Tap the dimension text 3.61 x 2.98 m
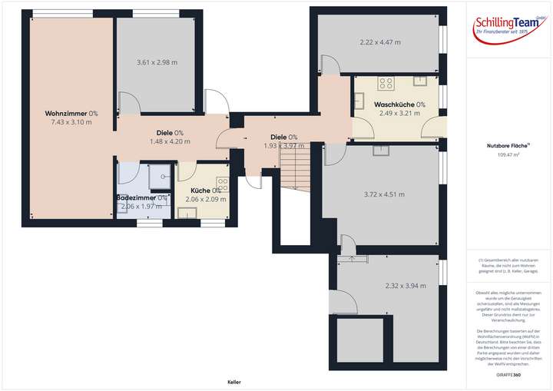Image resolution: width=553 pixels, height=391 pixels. (x=157, y=62)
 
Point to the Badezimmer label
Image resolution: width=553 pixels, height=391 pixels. (x=141, y=197)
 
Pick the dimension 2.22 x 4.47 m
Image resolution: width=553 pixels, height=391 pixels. (x=380, y=42)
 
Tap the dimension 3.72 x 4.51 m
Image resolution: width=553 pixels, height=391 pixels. (x=384, y=194)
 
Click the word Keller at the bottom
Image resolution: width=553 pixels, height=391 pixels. (x=234, y=381)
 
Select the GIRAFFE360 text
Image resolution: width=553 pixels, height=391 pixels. (x=508, y=374)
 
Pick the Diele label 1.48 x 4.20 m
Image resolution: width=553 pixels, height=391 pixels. (x=170, y=137)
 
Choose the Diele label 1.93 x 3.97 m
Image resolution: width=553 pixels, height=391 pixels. (x=280, y=141)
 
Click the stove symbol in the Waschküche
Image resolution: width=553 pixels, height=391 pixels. (x=386, y=84)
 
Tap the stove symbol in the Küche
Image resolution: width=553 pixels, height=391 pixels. (x=222, y=184)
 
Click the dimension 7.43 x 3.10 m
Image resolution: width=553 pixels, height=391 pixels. (x=71, y=122)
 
